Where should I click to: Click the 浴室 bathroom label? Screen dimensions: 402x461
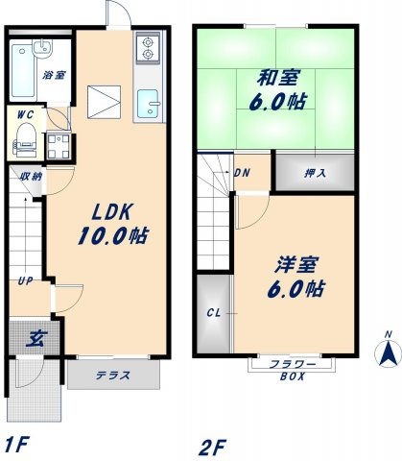coord(55,75)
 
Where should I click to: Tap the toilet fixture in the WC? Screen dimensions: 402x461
coord(26,140)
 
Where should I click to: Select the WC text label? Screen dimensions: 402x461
coord(25,115)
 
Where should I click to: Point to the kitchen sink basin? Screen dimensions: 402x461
coord(148,104)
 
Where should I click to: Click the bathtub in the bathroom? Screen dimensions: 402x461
coord(23,71)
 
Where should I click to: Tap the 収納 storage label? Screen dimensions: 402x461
coord(31,177)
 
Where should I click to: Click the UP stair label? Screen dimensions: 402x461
coord(25,281)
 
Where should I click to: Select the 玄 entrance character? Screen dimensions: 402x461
coord(36,338)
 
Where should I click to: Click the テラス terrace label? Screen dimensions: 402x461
coord(113,375)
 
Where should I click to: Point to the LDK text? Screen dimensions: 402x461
coord(112,211)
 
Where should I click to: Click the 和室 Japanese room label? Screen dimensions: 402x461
coord(279,78)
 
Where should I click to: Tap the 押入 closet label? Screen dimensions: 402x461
coord(316,173)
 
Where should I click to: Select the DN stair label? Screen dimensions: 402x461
coord(242,173)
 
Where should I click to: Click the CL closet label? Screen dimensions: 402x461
coord(214,313)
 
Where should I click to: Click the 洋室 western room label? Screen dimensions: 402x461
coord(296,265)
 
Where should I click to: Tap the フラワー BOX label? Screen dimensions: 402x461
coord(293,370)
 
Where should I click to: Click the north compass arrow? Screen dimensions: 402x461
coord(388,353)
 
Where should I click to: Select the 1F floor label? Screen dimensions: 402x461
coord(17,444)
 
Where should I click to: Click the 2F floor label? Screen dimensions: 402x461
coord(212,448)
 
